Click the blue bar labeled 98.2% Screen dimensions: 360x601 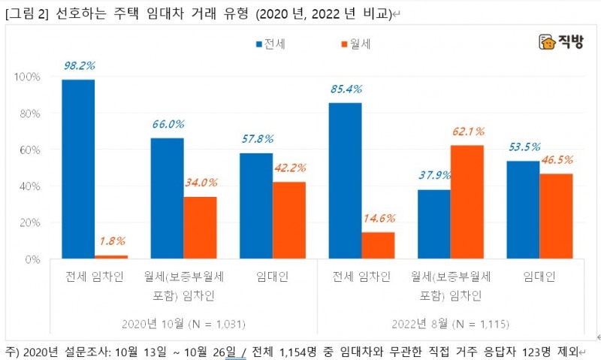tap(78, 169)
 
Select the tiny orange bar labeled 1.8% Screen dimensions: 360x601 tap(111, 256)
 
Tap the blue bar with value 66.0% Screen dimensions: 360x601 tap(167, 198)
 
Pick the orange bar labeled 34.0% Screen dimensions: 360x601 tap(200, 228)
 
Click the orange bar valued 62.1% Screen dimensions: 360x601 tap(467, 202)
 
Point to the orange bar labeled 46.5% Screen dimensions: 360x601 tap(556, 216)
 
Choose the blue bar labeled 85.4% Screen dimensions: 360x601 tap(345, 180)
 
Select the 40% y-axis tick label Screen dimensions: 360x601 tap(29, 186)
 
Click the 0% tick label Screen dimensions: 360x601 tap(32, 259)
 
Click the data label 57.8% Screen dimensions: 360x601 tap(255, 139)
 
